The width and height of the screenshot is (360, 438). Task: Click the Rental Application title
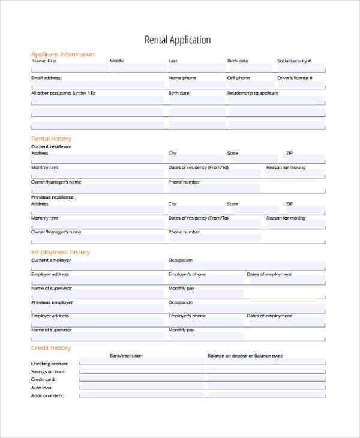178,40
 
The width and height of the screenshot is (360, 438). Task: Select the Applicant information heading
62,54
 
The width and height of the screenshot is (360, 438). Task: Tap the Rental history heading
51,139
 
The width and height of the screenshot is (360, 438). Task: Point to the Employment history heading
60,252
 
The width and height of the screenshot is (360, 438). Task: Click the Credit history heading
51,348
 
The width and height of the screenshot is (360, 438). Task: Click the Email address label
46,78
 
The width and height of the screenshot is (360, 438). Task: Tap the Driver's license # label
293,78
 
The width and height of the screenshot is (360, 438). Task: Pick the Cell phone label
238,78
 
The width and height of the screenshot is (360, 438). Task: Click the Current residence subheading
51,146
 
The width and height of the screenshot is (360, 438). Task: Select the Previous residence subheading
52,197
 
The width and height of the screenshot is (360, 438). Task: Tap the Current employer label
51,260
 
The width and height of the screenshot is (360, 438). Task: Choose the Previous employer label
52,302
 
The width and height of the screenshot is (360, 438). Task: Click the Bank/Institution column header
126,356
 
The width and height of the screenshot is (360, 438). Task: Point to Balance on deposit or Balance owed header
245,356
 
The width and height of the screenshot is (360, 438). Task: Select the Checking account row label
49,364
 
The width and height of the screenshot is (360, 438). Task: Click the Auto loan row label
41,388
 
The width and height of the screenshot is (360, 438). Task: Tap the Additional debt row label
47,395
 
